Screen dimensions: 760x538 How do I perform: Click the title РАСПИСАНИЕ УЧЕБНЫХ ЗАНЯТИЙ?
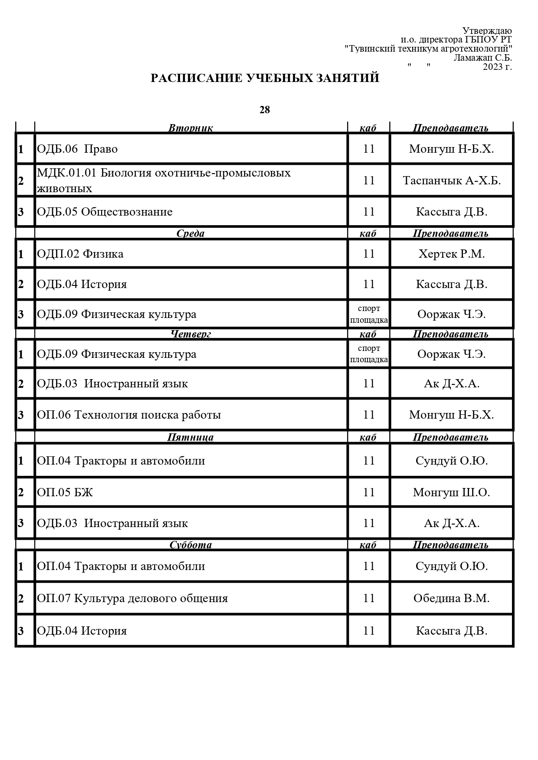pyautogui.click(x=265, y=78)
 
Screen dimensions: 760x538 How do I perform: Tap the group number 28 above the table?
pyautogui.click(x=265, y=110)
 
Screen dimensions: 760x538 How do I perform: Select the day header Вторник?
pyautogui.click(x=190, y=128)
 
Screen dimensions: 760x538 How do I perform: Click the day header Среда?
pyautogui.click(x=190, y=233)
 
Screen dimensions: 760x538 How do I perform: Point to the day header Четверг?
pyautogui.click(x=190, y=334)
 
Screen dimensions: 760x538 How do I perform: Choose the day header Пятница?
pyautogui.click(x=190, y=437)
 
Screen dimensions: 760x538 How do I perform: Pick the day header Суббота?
pyautogui.click(x=190, y=545)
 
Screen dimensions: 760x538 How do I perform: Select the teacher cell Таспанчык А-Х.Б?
pyautogui.click(x=452, y=180)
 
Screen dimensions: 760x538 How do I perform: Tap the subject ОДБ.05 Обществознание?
pyautogui.click(x=105, y=212)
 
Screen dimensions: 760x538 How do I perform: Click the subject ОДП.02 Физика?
pyautogui.click(x=80, y=254)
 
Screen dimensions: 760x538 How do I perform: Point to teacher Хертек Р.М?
pyautogui.click(x=452, y=254)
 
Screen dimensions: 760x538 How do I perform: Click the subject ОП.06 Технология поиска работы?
pyautogui.click(x=129, y=415)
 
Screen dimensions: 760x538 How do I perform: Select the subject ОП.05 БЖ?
pyautogui.click(x=65, y=492)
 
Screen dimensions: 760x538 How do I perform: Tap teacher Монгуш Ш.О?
pyautogui.click(x=452, y=492)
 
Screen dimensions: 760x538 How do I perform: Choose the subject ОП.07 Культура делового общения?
pyautogui.click(x=132, y=598)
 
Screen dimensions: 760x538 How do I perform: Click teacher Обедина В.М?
pyautogui.click(x=452, y=598)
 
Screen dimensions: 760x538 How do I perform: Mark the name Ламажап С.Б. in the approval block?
pyautogui.click(x=483, y=58)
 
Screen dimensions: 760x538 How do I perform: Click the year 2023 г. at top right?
pyautogui.click(x=497, y=67)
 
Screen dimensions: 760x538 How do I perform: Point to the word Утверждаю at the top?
pyautogui.click(x=487, y=31)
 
